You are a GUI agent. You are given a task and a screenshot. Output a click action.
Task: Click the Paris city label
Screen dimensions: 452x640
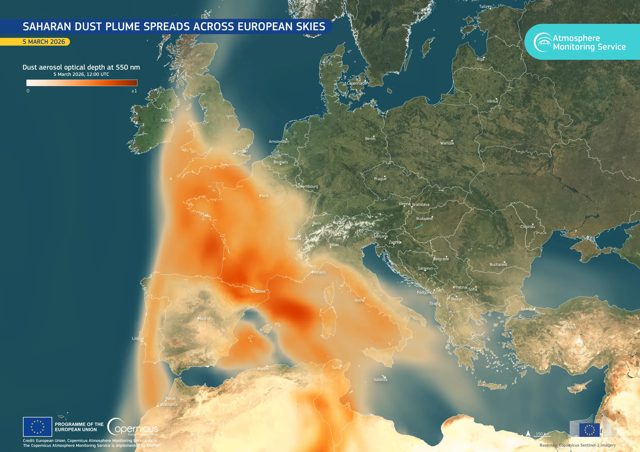click(x=264, y=196)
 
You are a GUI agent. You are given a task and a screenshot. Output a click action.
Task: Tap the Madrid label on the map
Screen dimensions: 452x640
click(x=204, y=318)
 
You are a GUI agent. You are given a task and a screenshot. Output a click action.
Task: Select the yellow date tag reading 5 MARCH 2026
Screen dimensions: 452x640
click(x=44, y=42)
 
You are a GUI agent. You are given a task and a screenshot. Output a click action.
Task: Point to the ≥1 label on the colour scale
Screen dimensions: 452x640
click(x=134, y=91)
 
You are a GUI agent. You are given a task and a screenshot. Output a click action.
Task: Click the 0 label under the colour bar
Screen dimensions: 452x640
click(x=28, y=91)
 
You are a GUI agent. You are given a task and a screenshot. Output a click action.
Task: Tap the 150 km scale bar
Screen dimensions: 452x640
click(x=542, y=434)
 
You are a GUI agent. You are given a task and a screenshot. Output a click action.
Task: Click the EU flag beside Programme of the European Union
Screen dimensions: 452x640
click(x=37, y=427)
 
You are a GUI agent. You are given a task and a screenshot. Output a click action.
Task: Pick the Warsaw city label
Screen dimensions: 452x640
click(x=447, y=143)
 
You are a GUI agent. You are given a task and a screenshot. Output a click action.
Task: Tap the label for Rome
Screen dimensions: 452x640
click(x=359, y=300)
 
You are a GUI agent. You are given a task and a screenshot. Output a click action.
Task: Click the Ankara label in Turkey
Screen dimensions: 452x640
click(x=570, y=327)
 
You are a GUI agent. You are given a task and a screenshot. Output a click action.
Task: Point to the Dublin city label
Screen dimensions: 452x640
click(x=166, y=120)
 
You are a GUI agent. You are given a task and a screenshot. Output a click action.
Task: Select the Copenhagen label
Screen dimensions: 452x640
click(x=357, y=83)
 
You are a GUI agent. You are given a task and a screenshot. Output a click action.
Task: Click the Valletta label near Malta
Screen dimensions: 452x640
click(x=380, y=380)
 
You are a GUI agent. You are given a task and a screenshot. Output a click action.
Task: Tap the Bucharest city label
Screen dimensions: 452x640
click(x=498, y=264)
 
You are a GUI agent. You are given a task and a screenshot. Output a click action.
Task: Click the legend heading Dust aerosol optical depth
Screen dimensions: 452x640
click(x=81, y=67)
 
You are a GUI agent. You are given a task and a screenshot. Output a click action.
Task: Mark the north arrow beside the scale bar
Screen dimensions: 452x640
click(x=528, y=434)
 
